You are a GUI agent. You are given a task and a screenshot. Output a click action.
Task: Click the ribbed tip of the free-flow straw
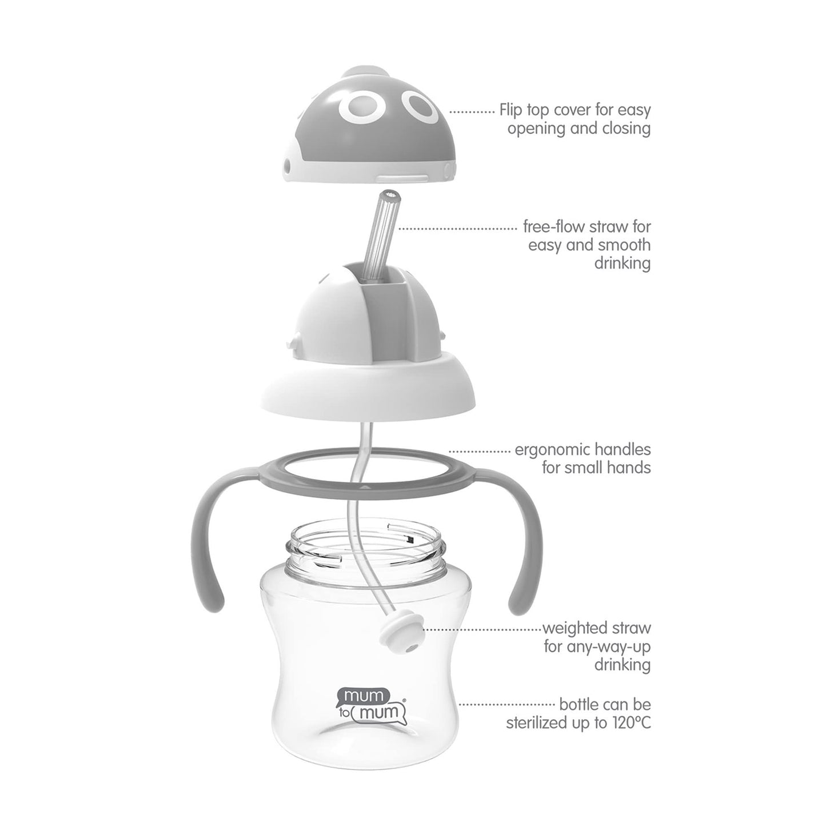click(390, 195)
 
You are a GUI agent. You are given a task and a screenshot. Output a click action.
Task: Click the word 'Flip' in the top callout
click(512, 110)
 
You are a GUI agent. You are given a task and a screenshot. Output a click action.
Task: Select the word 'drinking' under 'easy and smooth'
click(623, 264)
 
